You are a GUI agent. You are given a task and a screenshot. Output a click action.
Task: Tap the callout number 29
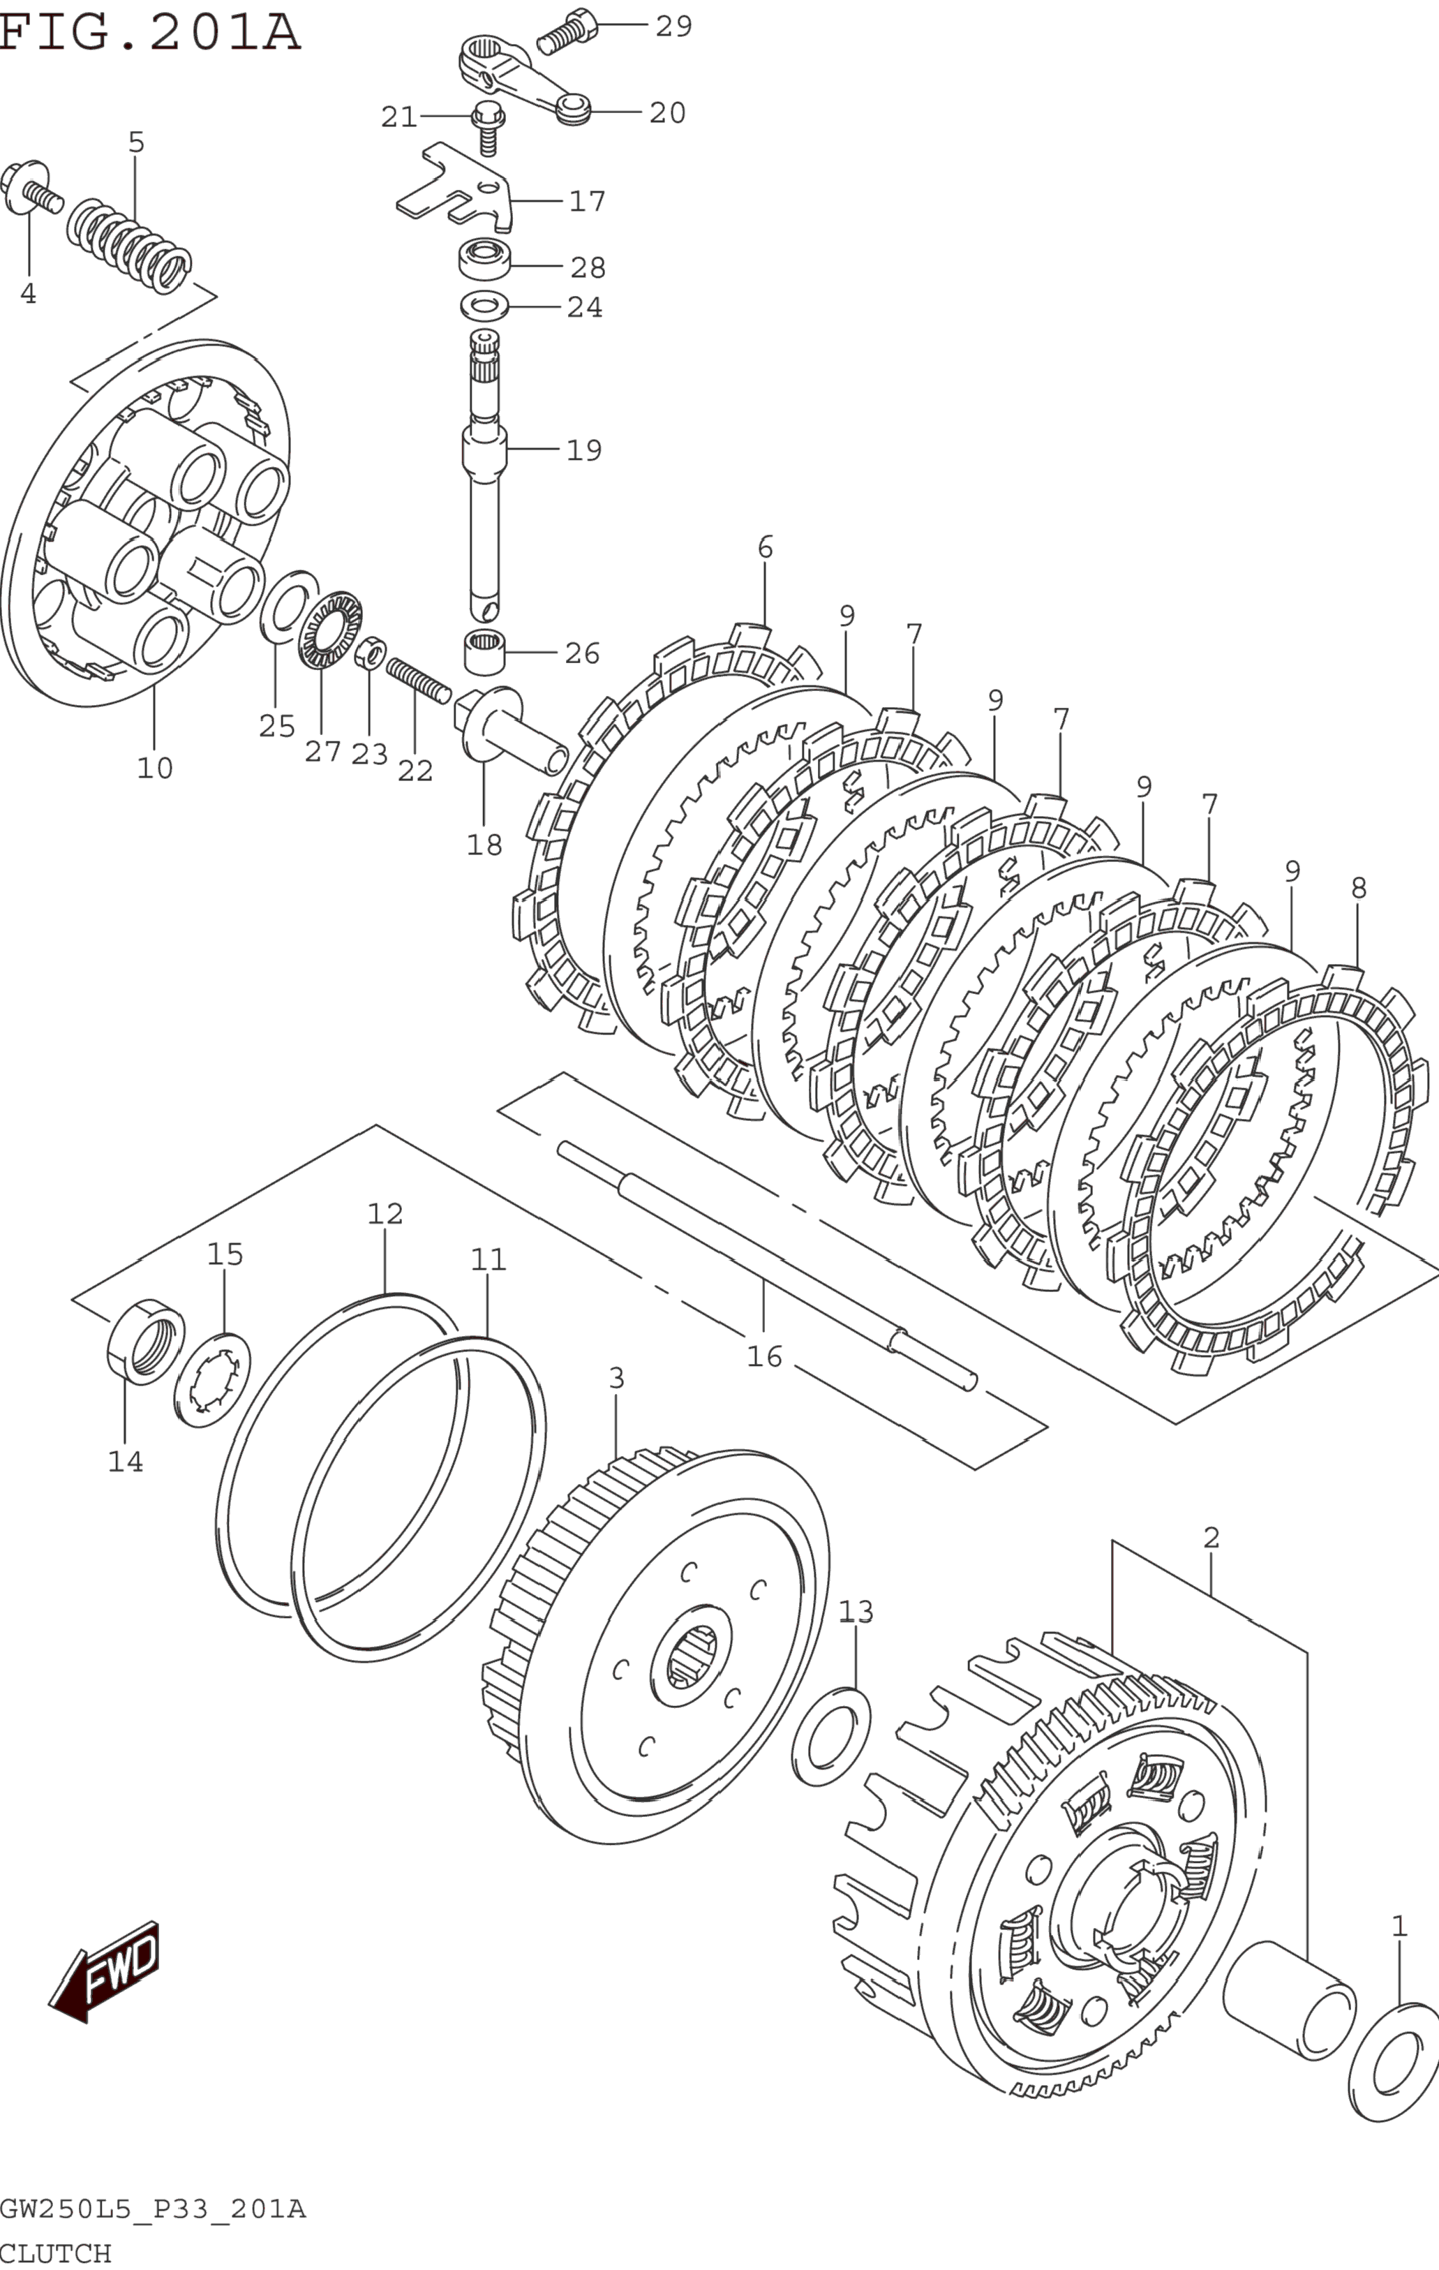674,27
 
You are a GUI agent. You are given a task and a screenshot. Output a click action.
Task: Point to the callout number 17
587,201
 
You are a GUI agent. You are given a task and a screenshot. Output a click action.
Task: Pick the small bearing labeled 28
484,259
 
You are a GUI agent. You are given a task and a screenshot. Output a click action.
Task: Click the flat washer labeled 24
484,306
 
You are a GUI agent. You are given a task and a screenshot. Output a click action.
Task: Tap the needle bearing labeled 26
484,653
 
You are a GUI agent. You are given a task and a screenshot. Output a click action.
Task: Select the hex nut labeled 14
146,1340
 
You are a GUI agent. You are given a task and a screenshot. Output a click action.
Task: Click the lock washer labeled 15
212,1380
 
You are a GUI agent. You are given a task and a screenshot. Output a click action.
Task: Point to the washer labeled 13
831,1737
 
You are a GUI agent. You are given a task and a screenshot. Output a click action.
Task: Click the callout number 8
1358,888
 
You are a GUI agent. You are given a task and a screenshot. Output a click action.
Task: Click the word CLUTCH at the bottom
56,2253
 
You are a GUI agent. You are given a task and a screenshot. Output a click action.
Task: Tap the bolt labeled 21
487,127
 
